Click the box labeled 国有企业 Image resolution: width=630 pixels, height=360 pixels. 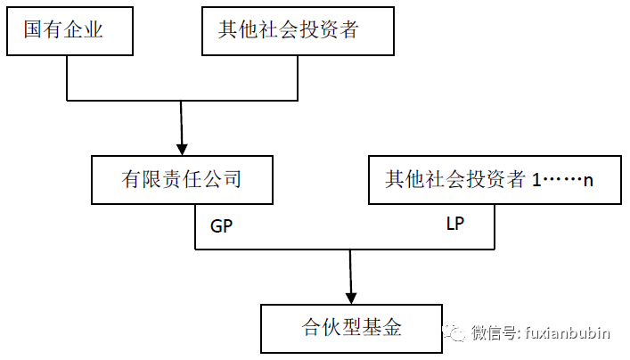tap(68, 30)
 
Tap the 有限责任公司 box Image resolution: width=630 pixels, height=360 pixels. tap(182, 179)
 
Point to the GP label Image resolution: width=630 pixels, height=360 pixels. tap(221, 225)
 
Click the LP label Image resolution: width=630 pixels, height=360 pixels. tap(456, 223)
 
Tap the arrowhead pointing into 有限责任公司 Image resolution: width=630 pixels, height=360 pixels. tap(183, 148)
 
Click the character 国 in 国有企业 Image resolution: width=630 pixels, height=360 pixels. tap(33, 30)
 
